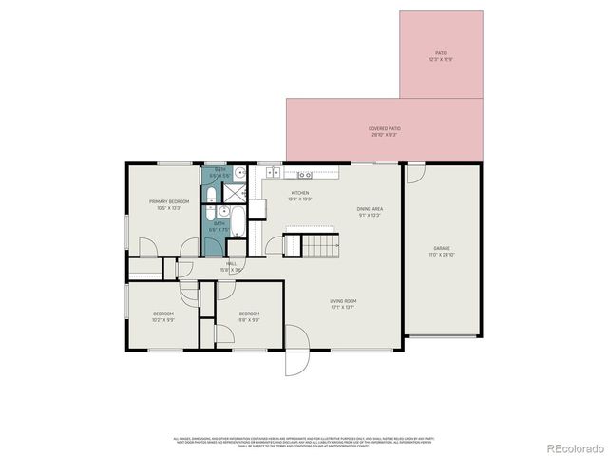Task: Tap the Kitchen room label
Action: coord(300,196)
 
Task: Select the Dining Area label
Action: coord(370,211)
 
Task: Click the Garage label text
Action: coord(444,251)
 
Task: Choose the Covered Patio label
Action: coord(383,131)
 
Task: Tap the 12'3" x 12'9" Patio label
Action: coord(441,56)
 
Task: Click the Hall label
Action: coord(231,267)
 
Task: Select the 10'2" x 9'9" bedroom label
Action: coord(163,316)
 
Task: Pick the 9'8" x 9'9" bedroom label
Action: coord(249,316)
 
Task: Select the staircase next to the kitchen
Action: coord(322,246)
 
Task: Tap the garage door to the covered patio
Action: coord(415,174)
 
